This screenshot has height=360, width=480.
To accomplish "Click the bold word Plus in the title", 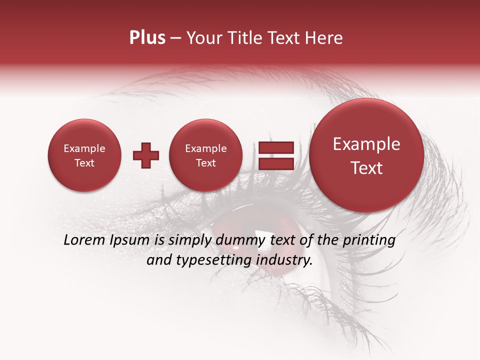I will [x=147, y=38].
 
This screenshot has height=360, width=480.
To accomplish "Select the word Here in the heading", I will [x=324, y=38].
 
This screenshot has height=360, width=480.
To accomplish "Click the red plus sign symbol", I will [x=146, y=155].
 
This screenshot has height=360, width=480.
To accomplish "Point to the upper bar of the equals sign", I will [x=275, y=147].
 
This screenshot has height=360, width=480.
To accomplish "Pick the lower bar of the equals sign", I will [x=275, y=163].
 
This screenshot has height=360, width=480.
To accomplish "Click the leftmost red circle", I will [x=84, y=155].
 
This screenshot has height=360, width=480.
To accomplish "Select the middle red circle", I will [x=205, y=155].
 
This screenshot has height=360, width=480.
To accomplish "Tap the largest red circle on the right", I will [x=366, y=155].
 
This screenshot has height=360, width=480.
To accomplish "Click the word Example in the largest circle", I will [x=366, y=144].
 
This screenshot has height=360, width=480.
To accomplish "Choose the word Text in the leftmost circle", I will [x=84, y=163].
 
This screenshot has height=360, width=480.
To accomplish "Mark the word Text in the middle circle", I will [x=205, y=163].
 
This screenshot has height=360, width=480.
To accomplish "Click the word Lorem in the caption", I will [x=81, y=240].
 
